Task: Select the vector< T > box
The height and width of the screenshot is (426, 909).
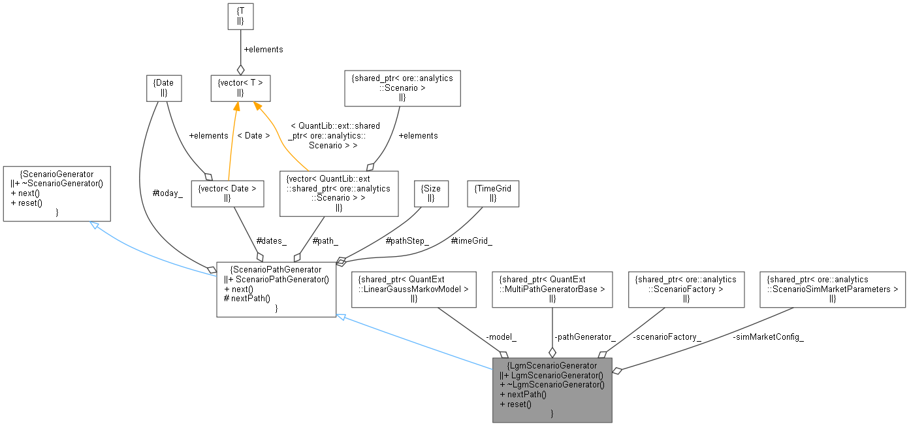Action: pos(240,88)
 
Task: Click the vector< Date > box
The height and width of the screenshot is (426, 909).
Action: pos(227,193)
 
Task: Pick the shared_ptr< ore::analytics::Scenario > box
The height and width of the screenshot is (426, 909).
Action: pos(402,88)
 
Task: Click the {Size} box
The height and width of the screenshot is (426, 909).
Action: pos(432,193)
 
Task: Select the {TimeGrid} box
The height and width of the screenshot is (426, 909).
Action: pos(494,193)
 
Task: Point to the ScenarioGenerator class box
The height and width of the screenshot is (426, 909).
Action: pos(57,193)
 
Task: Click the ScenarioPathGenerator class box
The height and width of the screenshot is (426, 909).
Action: pos(276,289)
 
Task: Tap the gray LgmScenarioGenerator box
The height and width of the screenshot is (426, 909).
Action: pos(552,389)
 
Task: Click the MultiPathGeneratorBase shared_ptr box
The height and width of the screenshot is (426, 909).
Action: pos(552,289)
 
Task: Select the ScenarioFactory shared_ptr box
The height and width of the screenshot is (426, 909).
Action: pos(686,289)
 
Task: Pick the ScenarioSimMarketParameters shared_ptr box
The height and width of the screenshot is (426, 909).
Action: pos(833,289)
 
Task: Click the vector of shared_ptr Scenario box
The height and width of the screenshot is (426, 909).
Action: pos(339,193)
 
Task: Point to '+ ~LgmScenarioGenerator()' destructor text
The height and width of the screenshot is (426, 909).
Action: pos(552,385)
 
